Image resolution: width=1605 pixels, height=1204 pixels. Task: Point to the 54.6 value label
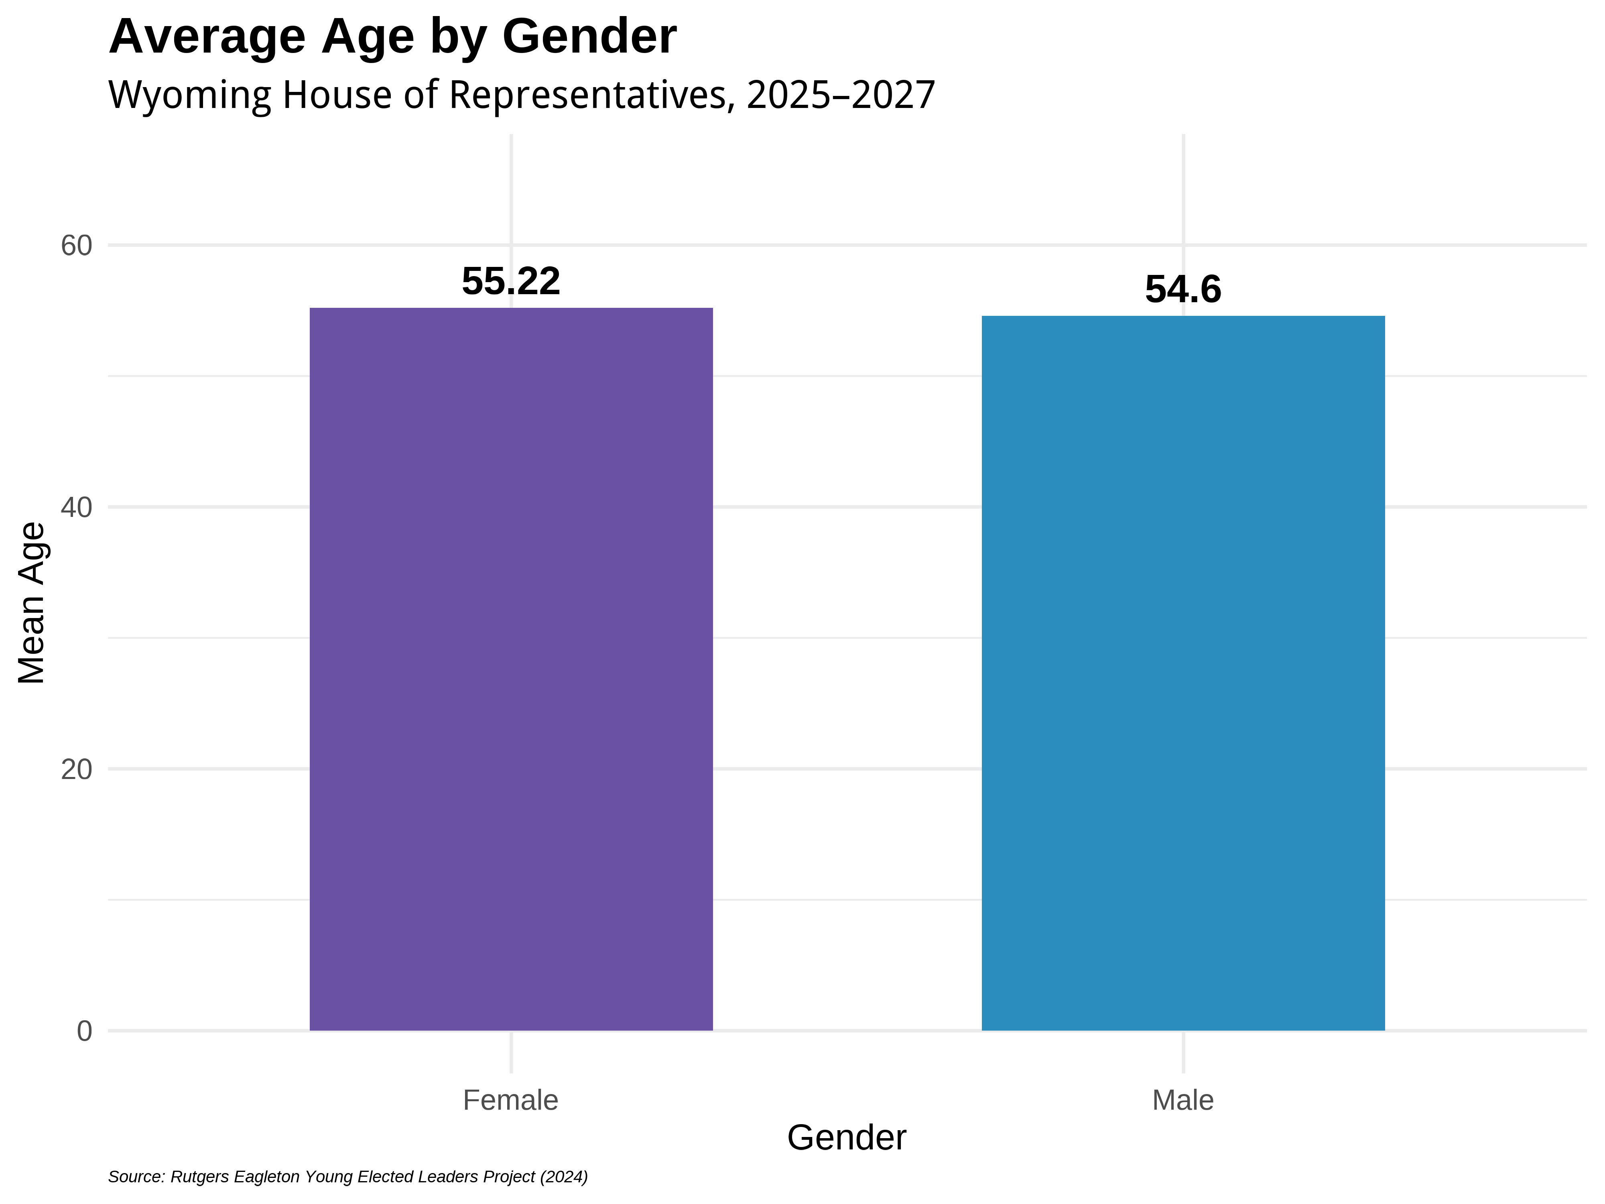click(x=1183, y=290)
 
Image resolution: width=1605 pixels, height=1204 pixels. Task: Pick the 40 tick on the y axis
click(x=76, y=507)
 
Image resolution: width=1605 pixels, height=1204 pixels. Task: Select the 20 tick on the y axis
click(x=76, y=769)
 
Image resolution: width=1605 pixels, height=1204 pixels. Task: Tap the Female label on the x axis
click(x=511, y=1100)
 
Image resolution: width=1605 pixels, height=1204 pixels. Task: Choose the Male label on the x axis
click(x=1183, y=1100)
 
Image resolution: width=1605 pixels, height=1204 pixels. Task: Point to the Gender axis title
click(x=847, y=1137)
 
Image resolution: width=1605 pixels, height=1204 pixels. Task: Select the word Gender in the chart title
click(x=589, y=36)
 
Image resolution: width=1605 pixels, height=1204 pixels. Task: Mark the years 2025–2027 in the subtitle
click(x=841, y=95)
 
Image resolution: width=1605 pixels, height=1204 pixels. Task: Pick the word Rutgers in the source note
click(x=199, y=1176)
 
